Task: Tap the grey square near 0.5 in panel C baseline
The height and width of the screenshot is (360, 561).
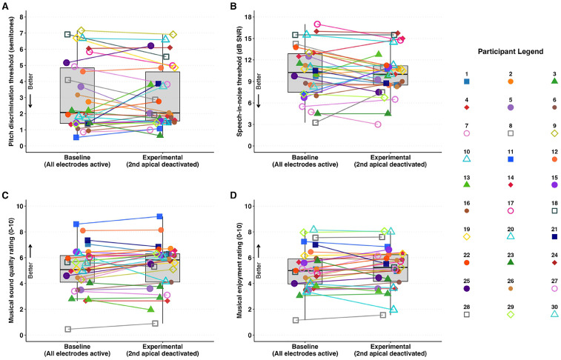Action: pos(67,329)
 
